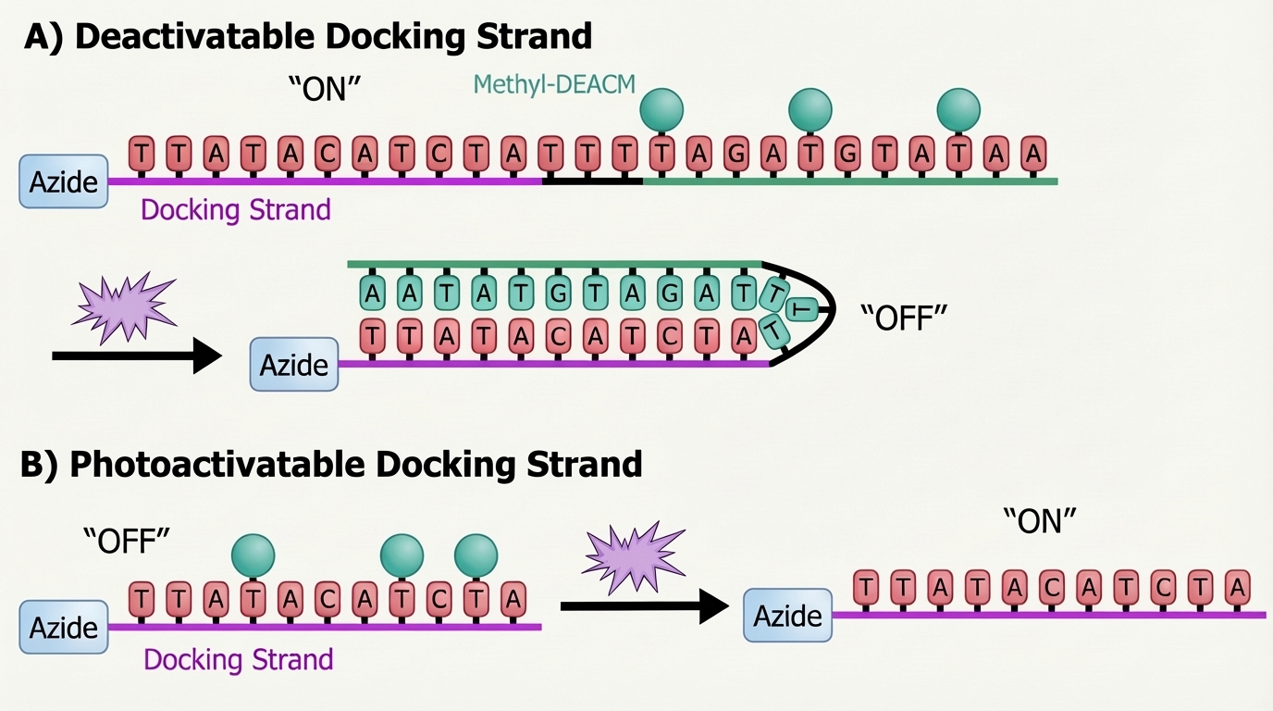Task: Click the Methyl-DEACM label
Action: pyautogui.click(x=554, y=84)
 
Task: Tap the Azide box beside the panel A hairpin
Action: pyautogui.click(x=294, y=364)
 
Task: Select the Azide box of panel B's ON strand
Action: pyautogui.click(x=787, y=616)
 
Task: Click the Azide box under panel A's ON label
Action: pyautogui.click(x=64, y=181)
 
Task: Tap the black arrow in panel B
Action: pyautogui.click(x=645, y=606)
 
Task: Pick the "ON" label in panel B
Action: pyautogui.click(x=1040, y=522)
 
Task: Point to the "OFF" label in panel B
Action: pyautogui.click(x=127, y=541)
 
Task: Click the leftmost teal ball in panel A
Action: pyautogui.click(x=661, y=108)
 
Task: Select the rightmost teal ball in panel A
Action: pyautogui.click(x=958, y=108)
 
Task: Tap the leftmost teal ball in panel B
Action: pyautogui.click(x=253, y=555)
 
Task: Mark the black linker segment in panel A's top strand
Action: pyautogui.click(x=592, y=181)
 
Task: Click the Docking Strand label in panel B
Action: pyautogui.click(x=238, y=660)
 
